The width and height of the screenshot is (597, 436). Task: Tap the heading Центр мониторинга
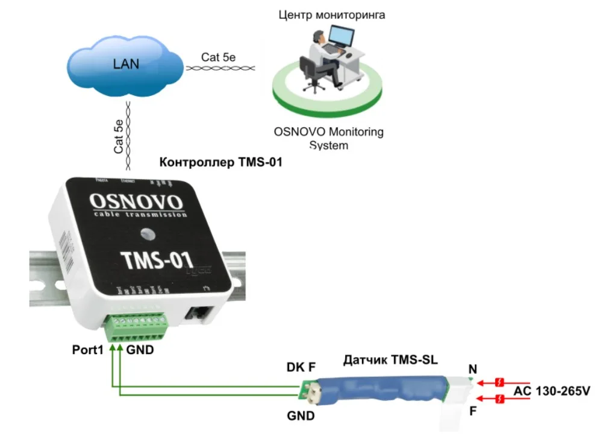[x=331, y=14]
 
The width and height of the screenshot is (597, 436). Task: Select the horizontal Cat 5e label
[x=218, y=57]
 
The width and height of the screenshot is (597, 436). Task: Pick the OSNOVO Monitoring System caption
[x=328, y=138]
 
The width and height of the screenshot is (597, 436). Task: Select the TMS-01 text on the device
[x=156, y=259]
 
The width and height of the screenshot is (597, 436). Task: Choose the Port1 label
[x=89, y=350]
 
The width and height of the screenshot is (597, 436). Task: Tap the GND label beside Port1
[x=140, y=350]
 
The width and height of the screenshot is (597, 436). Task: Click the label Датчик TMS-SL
[x=390, y=361]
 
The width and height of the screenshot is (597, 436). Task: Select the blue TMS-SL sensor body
[x=386, y=390]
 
